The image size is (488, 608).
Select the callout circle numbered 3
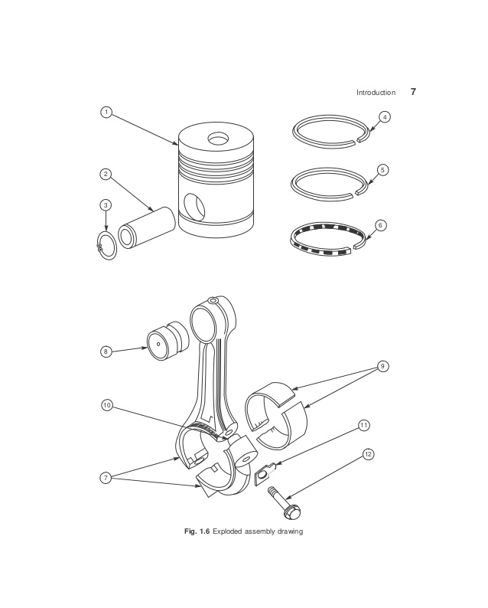pos(106,204)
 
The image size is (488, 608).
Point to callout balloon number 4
pos(385,117)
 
